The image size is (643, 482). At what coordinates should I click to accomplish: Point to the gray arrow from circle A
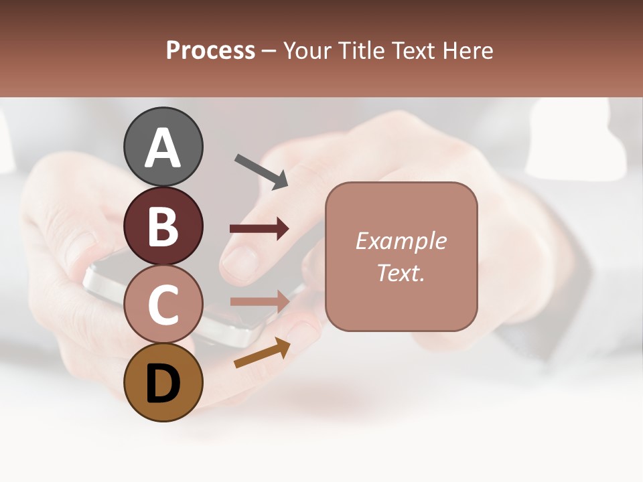click(261, 171)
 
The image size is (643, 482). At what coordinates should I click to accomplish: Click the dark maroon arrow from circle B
click(259, 229)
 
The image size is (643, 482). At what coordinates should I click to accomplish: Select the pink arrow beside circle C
click(259, 301)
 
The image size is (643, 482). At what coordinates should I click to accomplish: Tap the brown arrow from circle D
click(262, 353)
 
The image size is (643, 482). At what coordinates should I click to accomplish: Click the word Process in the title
click(210, 51)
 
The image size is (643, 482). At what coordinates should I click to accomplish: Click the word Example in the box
click(401, 241)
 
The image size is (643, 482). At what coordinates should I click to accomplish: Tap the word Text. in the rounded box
click(401, 272)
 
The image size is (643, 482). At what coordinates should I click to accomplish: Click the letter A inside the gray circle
click(163, 147)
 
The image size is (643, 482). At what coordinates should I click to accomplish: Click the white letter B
click(163, 226)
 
